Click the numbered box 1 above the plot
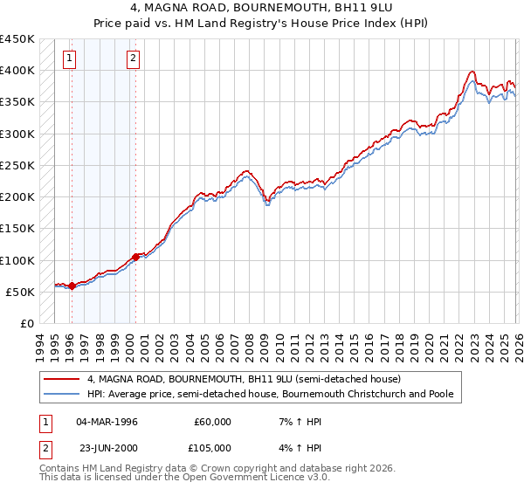click(69, 59)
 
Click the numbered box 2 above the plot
click(133, 59)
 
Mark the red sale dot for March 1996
click(72, 286)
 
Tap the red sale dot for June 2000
click(135, 257)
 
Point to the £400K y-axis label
click(17, 70)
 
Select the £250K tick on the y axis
click(17, 165)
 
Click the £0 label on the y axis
click(25, 324)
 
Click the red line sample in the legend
click(62, 380)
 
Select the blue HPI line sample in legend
click(62, 395)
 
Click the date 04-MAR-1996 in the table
click(107, 422)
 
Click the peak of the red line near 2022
click(472, 72)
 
